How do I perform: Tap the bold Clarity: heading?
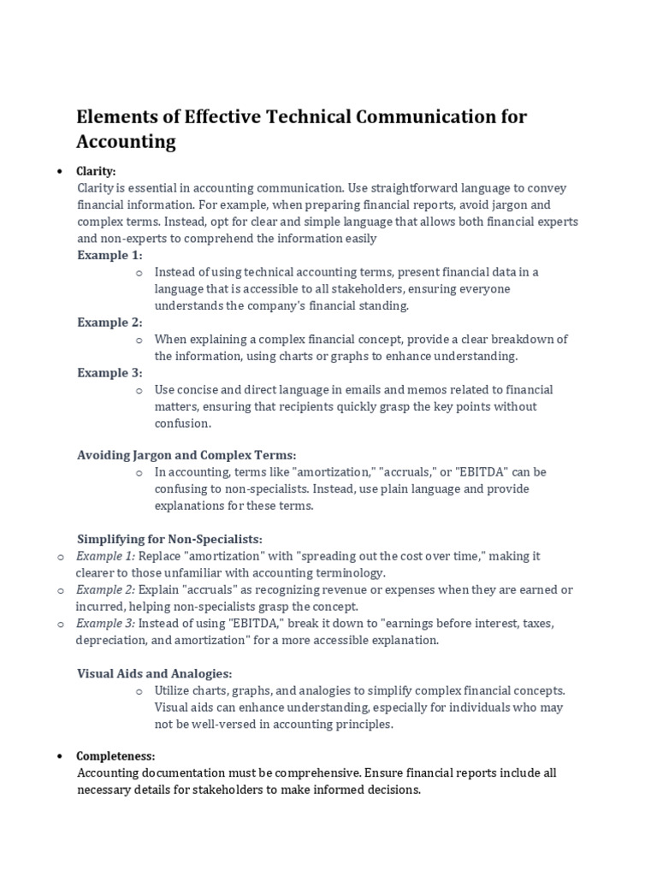click(x=96, y=171)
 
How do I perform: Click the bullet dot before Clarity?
click(x=59, y=171)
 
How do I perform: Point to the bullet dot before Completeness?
click(x=59, y=756)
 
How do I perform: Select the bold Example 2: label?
click(x=109, y=323)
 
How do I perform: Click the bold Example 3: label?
click(x=109, y=373)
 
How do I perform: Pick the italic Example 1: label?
click(x=100, y=556)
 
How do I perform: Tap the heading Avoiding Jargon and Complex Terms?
click(x=186, y=456)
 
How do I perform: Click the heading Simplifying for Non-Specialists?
click(x=169, y=540)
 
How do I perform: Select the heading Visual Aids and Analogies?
click(x=155, y=674)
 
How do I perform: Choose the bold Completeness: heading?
click(x=116, y=756)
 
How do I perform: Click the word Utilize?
click(x=174, y=690)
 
